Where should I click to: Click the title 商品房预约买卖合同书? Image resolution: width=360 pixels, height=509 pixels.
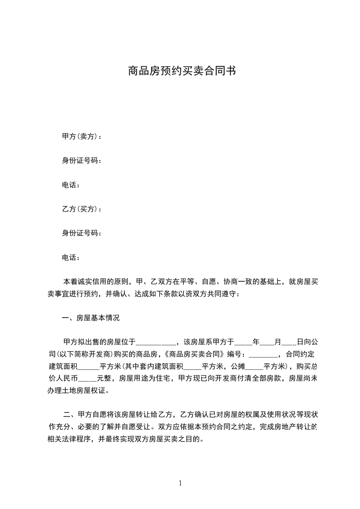180,71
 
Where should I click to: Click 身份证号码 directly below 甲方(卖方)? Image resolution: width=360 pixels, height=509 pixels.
81,161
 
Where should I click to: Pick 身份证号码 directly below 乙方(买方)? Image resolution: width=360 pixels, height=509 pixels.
81,233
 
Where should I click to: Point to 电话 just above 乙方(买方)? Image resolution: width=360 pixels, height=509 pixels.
71,185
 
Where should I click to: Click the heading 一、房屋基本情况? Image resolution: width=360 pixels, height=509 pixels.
90,318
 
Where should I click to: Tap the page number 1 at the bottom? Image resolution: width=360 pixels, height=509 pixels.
180,483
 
